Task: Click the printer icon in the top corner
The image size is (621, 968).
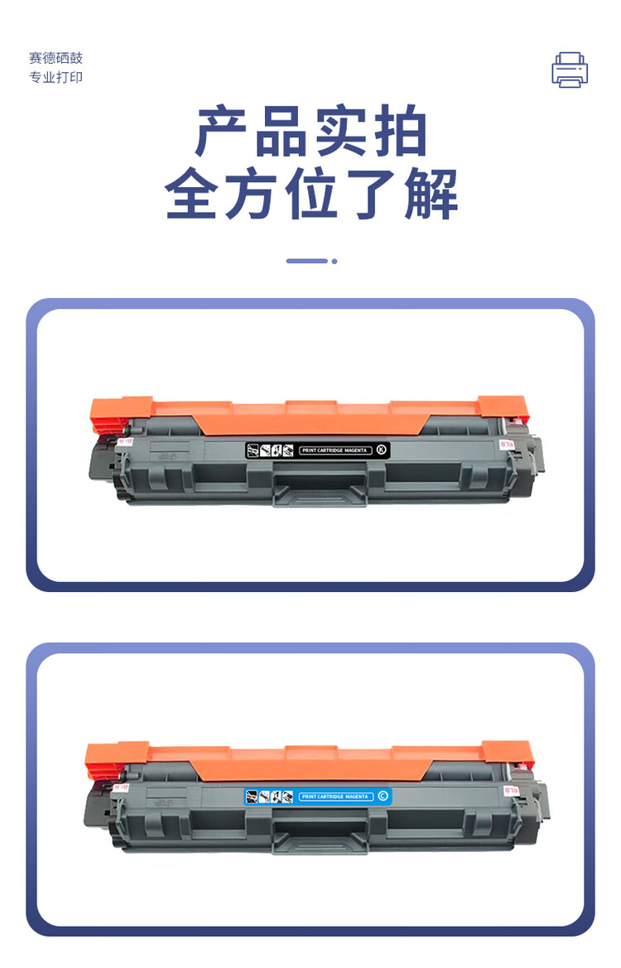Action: [570, 70]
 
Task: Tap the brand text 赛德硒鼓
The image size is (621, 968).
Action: [56, 58]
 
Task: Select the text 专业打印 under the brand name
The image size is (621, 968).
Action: [56, 77]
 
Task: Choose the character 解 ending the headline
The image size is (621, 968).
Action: [431, 195]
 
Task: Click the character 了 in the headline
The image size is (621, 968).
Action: [371, 195]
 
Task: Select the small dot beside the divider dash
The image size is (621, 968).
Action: [335, 261]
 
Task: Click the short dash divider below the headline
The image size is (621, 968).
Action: [306, 261]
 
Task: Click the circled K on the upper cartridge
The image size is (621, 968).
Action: [381, 450]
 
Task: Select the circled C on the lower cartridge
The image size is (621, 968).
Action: [382, 796]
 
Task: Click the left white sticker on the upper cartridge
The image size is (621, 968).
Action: [126, 441]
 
